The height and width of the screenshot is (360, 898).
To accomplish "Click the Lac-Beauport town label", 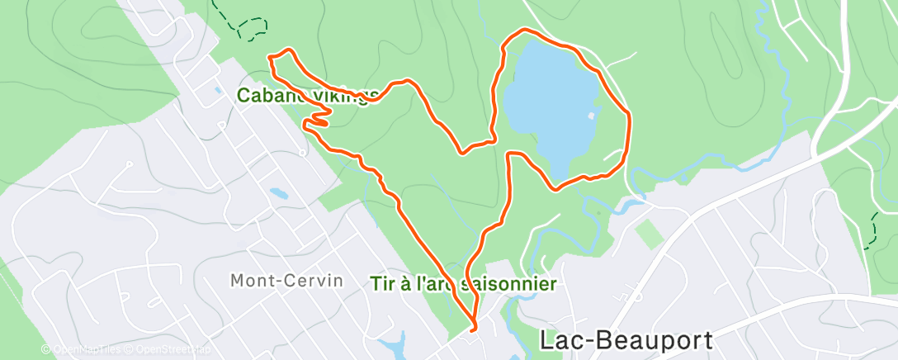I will point(625,339).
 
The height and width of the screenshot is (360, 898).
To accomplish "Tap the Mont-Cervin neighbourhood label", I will point(286,281).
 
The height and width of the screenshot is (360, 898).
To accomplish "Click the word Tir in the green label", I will point(382,284).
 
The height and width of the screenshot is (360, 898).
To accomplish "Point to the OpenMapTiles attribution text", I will point(81,350).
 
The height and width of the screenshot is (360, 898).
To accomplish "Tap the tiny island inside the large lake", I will point(591,116).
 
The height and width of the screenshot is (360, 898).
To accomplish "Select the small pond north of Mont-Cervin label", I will point(278,195).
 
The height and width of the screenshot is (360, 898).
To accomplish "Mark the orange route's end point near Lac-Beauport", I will point(473,329).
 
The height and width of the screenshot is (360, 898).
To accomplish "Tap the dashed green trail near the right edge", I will point(872,230).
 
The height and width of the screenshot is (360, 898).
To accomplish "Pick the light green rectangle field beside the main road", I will point(650,234).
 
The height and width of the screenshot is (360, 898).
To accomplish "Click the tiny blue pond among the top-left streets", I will point(216,90).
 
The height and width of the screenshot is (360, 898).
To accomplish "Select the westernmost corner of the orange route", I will point(270,57).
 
